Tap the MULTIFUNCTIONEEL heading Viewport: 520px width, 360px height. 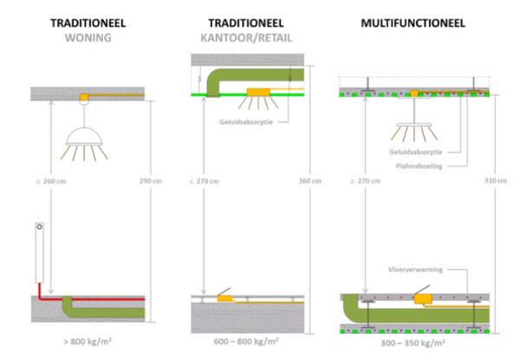point(411,21)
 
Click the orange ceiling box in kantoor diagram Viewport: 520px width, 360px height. point(257,93)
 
